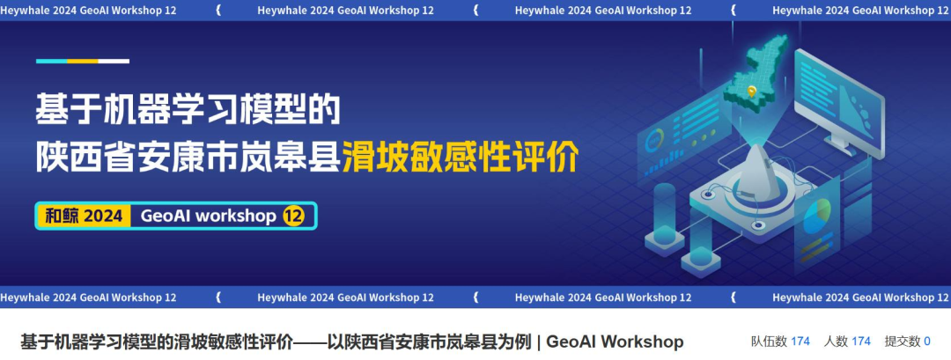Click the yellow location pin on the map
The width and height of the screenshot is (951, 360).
(751, 91)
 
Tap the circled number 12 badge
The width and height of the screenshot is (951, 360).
(293, 216)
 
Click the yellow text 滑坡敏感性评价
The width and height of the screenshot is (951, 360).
(461, 158)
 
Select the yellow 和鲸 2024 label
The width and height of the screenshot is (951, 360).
(84, 216)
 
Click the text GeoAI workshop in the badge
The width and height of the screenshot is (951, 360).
(208, 216)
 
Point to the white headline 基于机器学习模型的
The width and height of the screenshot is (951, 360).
(188, 109)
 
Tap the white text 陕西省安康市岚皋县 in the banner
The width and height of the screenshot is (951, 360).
(188, 158)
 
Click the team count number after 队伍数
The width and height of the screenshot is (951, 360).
(800, 342)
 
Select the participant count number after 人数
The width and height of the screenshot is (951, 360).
(860, 342)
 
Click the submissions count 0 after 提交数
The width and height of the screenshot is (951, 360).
(926, 342)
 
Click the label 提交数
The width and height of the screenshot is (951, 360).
(903, 342)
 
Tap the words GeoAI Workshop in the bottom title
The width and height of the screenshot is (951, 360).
(615, 342)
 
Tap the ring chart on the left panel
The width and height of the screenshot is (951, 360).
(654, 141)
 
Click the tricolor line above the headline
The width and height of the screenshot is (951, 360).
(83, 62)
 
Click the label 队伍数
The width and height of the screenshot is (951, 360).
(769, 342)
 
